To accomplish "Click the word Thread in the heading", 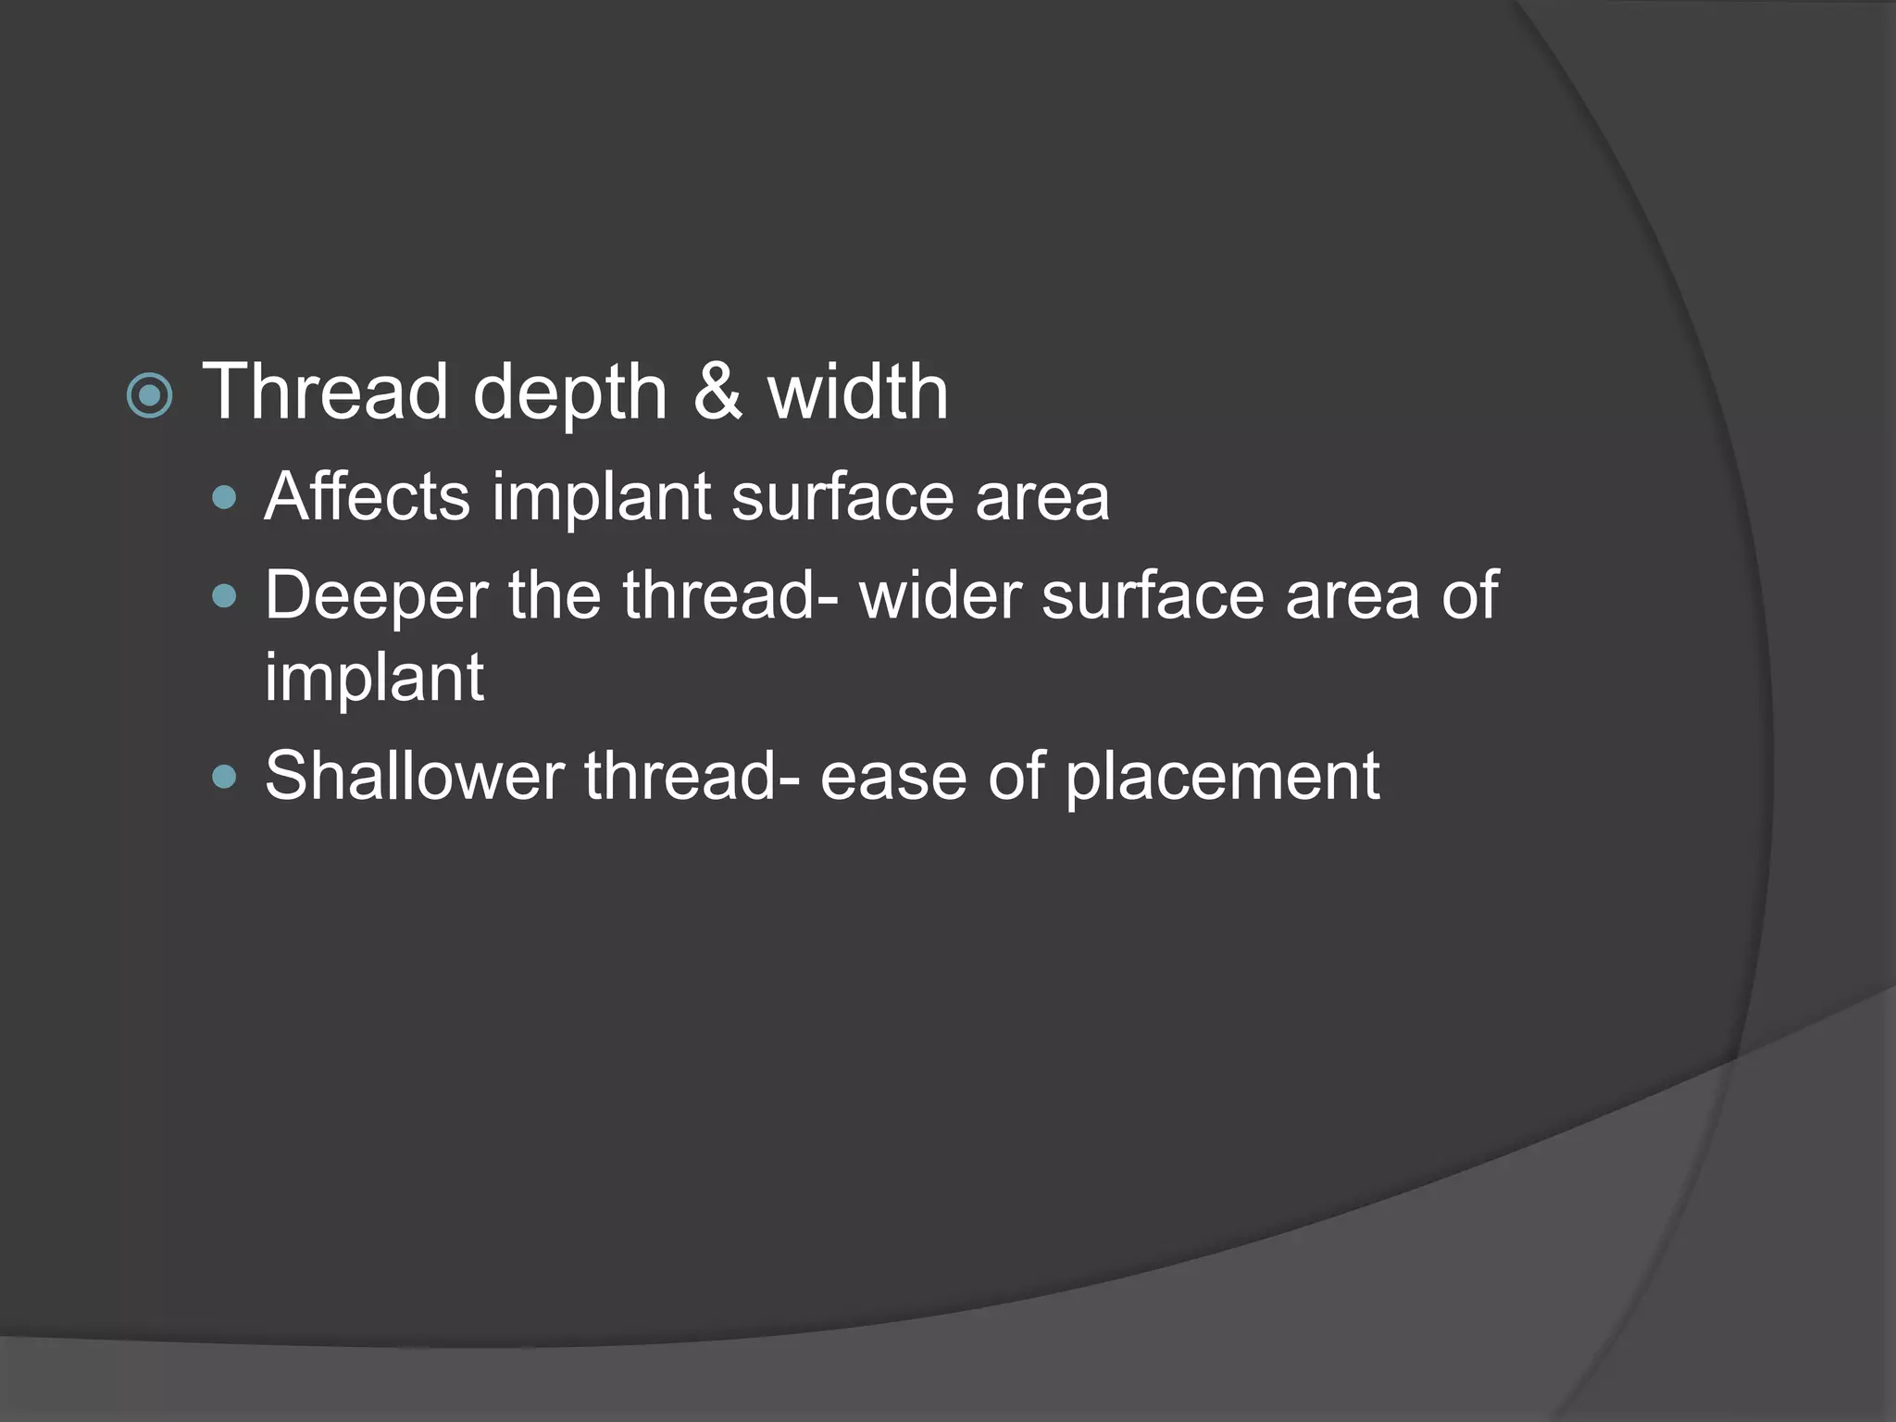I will (325, 393).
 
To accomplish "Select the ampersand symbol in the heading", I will (717, 393).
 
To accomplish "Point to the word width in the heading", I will (857, 393).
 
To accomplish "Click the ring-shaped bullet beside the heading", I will (149, 396).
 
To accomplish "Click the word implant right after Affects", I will (601, 498).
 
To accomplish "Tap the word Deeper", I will (376, 596).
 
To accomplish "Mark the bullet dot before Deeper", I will (224, 596).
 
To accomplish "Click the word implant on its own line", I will (374, 678).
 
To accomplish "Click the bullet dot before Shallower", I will (224, 776).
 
